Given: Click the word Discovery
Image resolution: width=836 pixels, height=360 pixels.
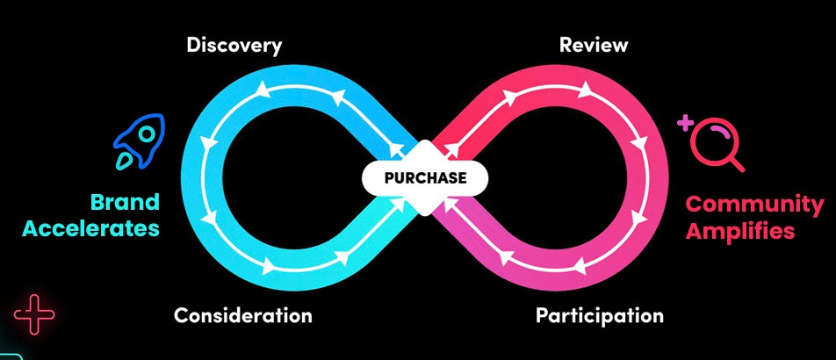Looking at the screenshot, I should point(234,45).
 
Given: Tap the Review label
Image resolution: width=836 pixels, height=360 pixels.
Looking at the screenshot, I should point(594,45).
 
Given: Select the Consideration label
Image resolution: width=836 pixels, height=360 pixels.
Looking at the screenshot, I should point(242,315).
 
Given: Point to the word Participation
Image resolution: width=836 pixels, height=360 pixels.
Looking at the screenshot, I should point(600,315).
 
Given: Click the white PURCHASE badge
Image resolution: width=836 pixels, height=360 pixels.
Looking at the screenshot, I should point(425,178).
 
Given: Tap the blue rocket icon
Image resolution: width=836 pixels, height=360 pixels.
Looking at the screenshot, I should point(140,142).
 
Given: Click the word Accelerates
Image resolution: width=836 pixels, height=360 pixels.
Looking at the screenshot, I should point(91,230).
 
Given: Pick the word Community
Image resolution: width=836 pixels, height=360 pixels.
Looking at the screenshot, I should point(754,206).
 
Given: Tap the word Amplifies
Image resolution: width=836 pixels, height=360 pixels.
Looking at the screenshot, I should point(739,233).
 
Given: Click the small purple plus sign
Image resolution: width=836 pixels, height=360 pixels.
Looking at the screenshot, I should point(684,123).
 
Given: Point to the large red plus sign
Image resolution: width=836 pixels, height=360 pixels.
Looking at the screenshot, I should point(34,313).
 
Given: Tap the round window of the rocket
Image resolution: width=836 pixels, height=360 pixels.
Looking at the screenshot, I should point(147,133).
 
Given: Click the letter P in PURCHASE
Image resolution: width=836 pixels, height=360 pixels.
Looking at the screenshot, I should point(389,178).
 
